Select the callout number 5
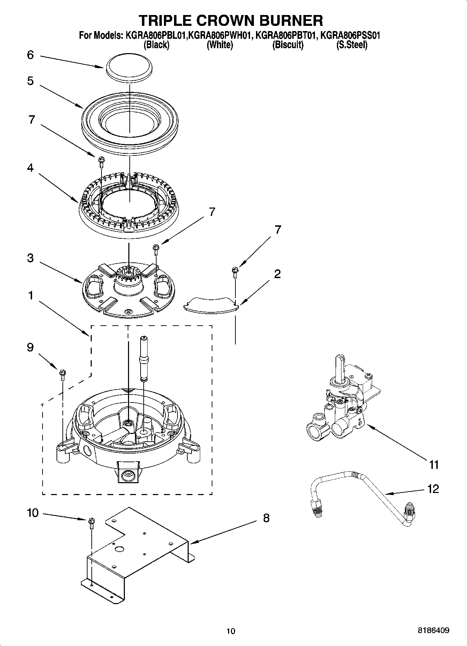click(x=30, y=81)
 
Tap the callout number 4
click(x=30, y=168)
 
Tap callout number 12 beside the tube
click(x=433, y=489)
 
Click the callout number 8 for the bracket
click(x=266, y=518)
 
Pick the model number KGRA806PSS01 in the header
click(x=350, y=35)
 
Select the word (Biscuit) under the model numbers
click(x=288, y=45)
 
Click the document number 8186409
click(x=434, y=631)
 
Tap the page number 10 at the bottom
click(x=231, y=631)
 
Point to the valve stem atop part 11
click(x=340, y=367)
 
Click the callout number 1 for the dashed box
click(x=30, y=296)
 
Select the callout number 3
click(x=30, y=258)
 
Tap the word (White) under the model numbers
click(x=220, y=45)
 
